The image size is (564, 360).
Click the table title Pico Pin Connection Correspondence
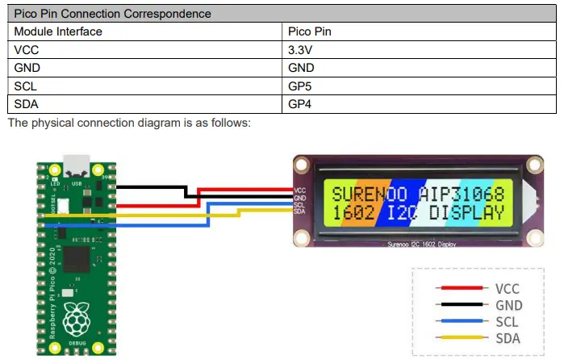pyautogui.click(x=113, y=14)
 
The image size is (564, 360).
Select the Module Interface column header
pyautogui.click(x=58, y=32)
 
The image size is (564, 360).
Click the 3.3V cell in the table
pyautogui.click(x=301, y=50)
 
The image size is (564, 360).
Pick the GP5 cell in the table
pyautogui.click(x=301, y=86)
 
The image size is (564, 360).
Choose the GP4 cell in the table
pyautogui.click(x=301, y=104)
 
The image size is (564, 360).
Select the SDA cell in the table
pyautogui.click(x=27, y=104)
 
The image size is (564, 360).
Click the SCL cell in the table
pyautogui.click(x=27, y=86)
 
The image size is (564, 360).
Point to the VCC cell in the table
pyautogui.click(x=27, y=50)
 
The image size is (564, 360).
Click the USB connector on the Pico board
pyautogui.click(x=77, y=165)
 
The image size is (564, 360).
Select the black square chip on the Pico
pyautogui.click(x=77, y=260)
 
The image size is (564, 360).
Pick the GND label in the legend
pyautogui.click(x=508, y=305)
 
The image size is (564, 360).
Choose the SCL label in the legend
pyautogui.click(x=508, y=322)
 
